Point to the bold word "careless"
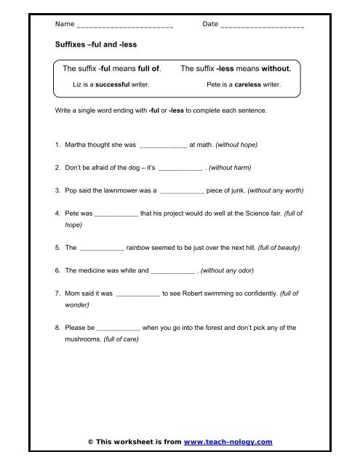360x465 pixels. tap(249, 84)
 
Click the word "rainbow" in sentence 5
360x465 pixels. tap(140, 248)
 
